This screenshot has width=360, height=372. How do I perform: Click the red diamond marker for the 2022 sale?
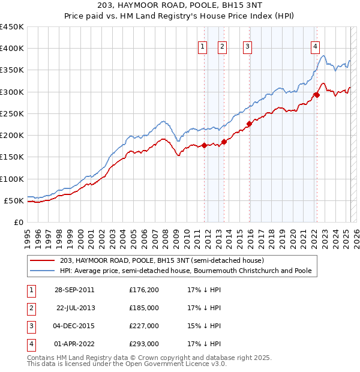316,95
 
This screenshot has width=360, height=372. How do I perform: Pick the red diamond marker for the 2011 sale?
204,145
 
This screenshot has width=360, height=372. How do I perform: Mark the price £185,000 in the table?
144,308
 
